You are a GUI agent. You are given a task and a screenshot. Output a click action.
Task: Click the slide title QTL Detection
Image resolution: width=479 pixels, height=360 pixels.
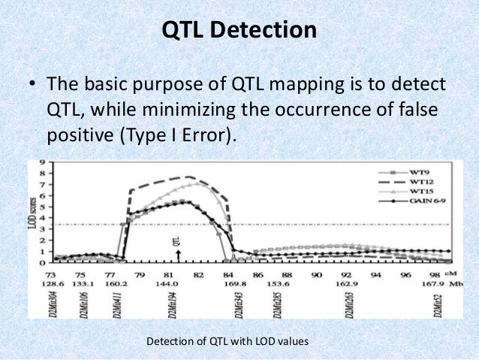(239, 31)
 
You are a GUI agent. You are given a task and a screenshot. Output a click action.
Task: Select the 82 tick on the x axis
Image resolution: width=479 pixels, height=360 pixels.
(198, 276)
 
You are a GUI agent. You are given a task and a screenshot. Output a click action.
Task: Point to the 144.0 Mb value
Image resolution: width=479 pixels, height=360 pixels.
(177, 286)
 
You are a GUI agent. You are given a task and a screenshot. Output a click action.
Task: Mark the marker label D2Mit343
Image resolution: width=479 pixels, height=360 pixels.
(233, 307)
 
